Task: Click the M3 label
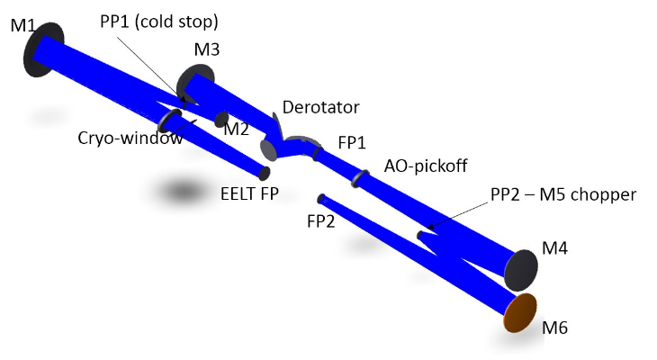205,50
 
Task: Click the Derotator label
320,107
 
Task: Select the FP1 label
353,142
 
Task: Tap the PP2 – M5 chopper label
562,193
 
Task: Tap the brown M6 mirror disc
519,312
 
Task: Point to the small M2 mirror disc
220,119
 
